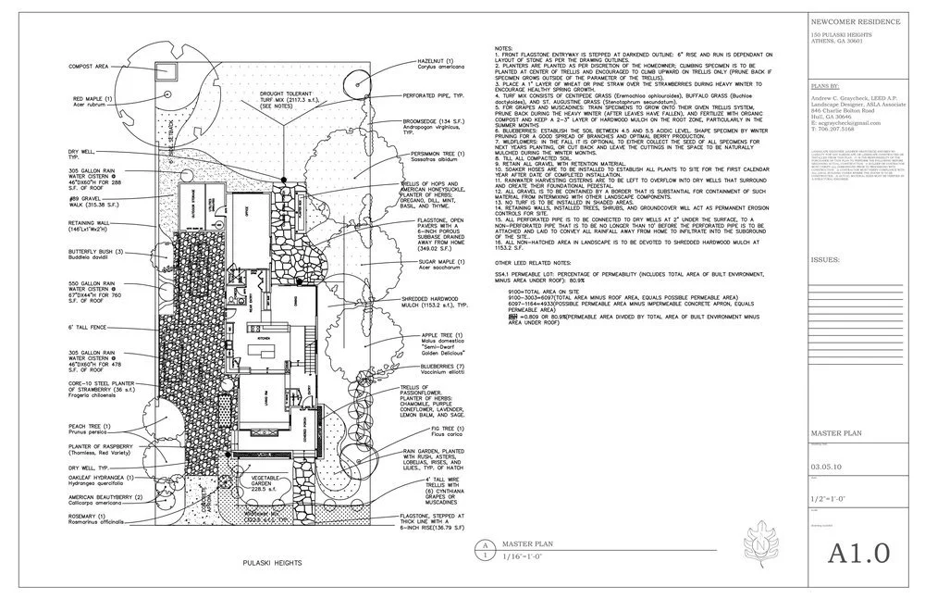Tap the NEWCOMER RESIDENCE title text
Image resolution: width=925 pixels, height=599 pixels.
point(847,19)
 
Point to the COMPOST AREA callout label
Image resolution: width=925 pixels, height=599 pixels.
point(88,67)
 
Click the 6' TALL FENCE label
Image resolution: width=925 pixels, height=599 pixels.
point(88,328)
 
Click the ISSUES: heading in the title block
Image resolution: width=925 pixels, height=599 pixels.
point(824,261)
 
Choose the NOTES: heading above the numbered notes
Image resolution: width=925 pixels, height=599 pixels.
point(503,47)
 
